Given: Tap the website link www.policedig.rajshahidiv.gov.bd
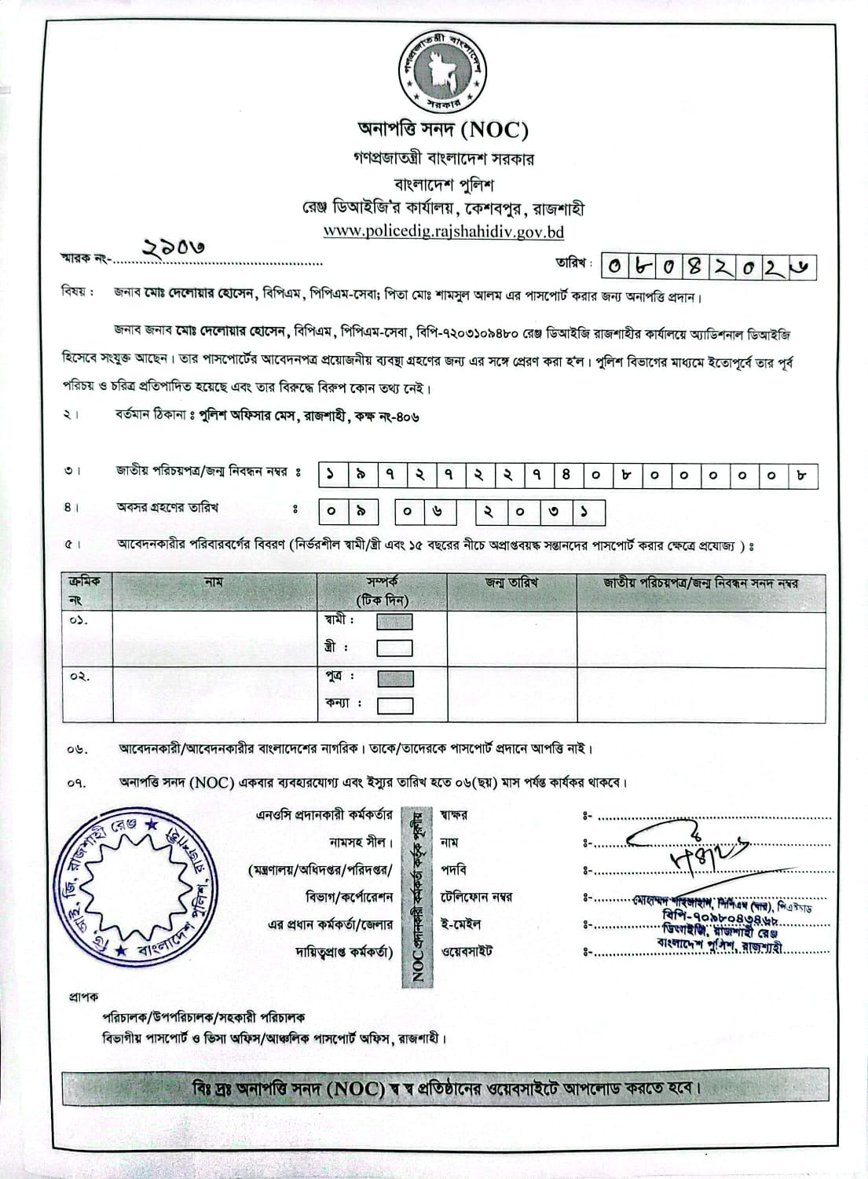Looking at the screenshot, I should [x=443, y=232].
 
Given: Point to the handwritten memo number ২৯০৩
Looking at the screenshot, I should [x=173, y=247].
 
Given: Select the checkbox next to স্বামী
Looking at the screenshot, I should [x=394, y=622].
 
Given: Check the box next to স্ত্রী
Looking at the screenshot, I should [x=394, y=648].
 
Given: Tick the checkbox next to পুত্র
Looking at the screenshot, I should [x=394, y=678].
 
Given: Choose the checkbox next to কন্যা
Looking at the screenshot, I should [x=394, y=704].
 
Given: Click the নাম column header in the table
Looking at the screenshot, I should [x=214, y=582].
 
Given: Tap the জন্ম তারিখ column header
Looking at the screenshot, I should [x=511, y=582].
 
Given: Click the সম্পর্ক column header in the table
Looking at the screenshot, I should [x=382, y=582].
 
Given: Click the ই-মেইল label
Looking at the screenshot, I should [x=460, y=924].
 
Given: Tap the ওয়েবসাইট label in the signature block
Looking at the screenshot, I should [x=467, y=951].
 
